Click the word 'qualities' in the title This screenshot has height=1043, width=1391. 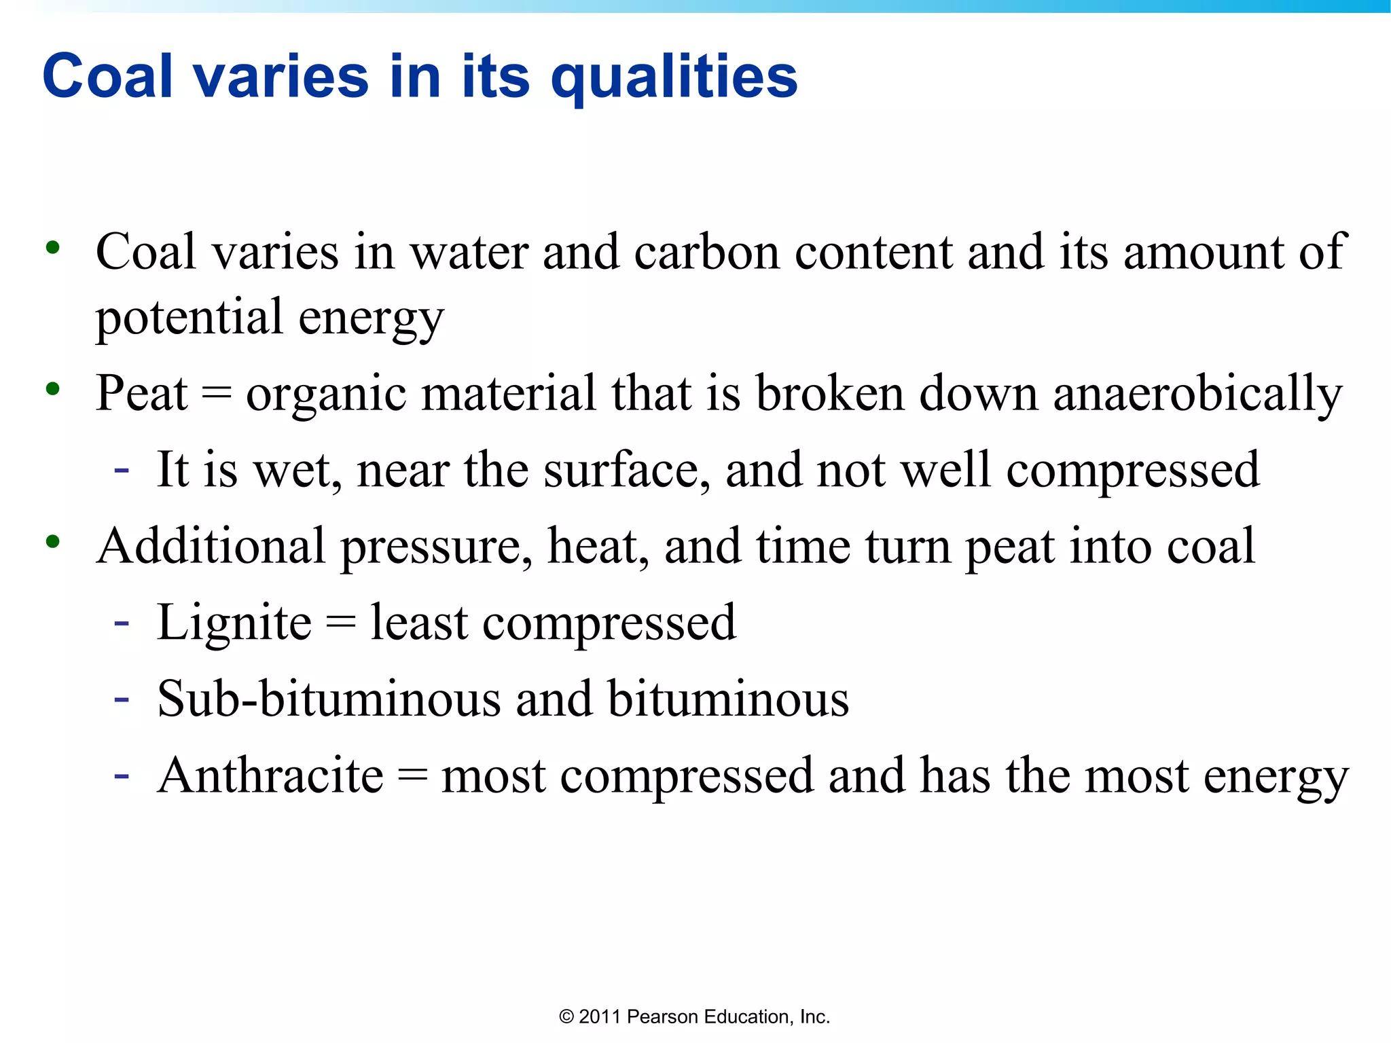click(674, 78)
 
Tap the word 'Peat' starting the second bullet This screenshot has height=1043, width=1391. click(141, 394)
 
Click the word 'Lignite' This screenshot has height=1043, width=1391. click(234, 623)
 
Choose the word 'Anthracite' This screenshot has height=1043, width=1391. click(270, 775)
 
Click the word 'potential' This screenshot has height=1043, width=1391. click(189, 318)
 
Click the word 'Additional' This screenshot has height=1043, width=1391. click(211, 547)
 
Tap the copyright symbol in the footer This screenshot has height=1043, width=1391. click(566, 1017)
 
